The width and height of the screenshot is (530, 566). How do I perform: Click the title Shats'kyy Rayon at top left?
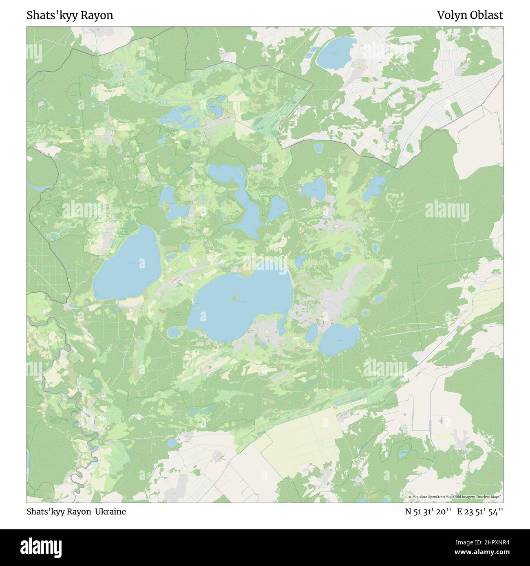coord(70,15)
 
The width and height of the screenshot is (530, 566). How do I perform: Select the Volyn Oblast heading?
coord(470,15)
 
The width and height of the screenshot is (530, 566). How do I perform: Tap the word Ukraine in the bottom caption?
coord(110,512)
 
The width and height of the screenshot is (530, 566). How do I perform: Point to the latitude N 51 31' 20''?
coord(428,512)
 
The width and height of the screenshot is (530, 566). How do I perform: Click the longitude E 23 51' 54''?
coord(480,512)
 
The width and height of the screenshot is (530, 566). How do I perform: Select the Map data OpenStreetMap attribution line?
coord(456,497)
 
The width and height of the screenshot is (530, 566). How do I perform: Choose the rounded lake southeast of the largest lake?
coord(339,339)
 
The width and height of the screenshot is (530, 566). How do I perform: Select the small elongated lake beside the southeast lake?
coord(311,333)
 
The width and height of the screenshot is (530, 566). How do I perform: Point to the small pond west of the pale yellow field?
coord(172,442)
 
